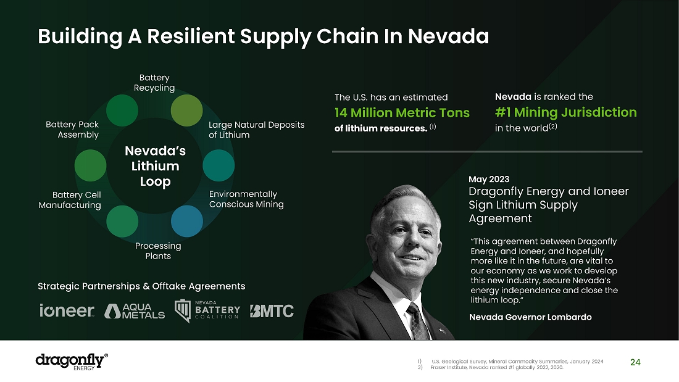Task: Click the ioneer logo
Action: coord(67,310)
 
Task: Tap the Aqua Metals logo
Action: coord(135,311)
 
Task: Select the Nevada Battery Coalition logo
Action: coord(207,310)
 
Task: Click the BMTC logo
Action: coord(272,311)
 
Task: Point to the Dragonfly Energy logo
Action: coord(72,361)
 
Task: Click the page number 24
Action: coord(635,362)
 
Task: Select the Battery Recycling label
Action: coord(154,83)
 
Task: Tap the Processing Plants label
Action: coord(158,251)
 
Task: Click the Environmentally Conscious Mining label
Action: coord(246,199)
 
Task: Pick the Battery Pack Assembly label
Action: coord(72,130)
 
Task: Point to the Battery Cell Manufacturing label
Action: coord(70,200)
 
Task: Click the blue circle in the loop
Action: coord(186,221)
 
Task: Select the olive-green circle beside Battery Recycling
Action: coord(186,110)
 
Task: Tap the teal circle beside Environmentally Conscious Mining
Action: coord(219,165)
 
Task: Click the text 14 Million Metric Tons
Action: coord(402,113)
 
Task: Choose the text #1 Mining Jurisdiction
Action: coord(565,112)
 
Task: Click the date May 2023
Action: coord(489,180)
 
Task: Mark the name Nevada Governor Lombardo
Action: coord(530,317)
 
